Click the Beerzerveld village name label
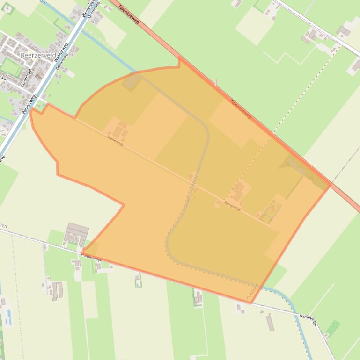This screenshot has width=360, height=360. coord(38,55)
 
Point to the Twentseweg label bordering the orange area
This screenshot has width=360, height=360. coord(241,109)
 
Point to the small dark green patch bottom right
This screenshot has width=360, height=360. coord(332,328)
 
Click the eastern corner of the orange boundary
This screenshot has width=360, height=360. coord(331,185)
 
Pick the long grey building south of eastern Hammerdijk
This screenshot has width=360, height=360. coord(270,323)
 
